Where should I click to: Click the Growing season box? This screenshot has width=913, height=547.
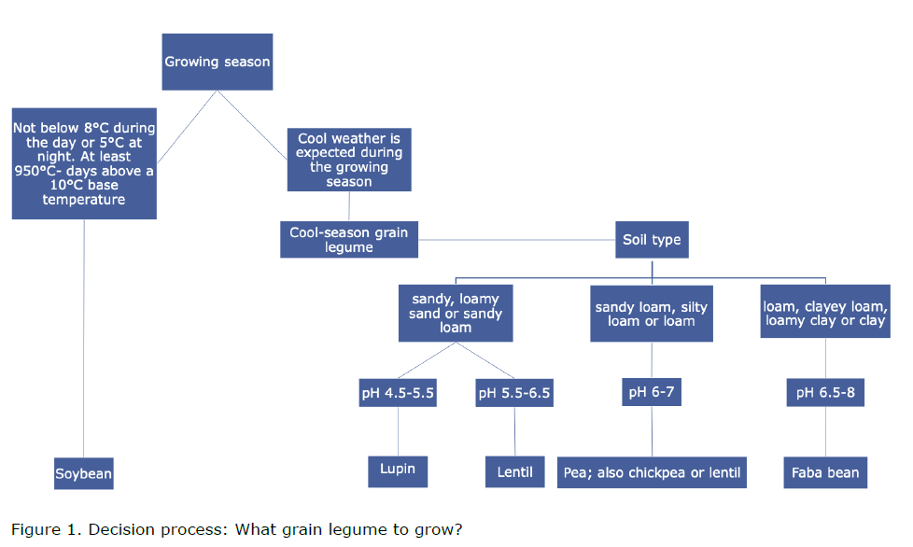click(218, 62)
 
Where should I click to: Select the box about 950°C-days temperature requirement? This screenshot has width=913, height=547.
click(84, 163)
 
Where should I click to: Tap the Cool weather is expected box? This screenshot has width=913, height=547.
click(349, 160)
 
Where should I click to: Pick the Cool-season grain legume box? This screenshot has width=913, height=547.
click(349, 239)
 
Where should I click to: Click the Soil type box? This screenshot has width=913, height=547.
click(652, 239)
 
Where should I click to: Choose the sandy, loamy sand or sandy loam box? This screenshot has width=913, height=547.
click(456, 313)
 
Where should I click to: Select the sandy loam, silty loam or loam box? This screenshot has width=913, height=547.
click(652, 314)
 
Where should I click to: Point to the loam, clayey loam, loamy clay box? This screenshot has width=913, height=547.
click(825, 313)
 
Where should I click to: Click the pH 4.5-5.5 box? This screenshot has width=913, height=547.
click(399, 393)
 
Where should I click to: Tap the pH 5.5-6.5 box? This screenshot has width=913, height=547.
click(514, 393)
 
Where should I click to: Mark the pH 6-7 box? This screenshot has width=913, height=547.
click(651, 392)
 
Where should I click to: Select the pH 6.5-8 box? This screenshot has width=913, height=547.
click(825, 393)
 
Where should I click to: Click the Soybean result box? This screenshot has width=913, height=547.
click(83, 473)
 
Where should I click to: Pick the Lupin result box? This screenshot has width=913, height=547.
click(398, 470)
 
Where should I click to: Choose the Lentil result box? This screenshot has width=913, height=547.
click(514, 471)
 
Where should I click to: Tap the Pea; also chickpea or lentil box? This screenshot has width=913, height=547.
click(652, 472)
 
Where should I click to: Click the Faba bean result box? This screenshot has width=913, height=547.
click(825, 472)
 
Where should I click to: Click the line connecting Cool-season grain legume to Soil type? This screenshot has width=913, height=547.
click(516, 240)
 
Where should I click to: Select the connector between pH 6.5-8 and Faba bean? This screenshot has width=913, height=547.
click(825, 432)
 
